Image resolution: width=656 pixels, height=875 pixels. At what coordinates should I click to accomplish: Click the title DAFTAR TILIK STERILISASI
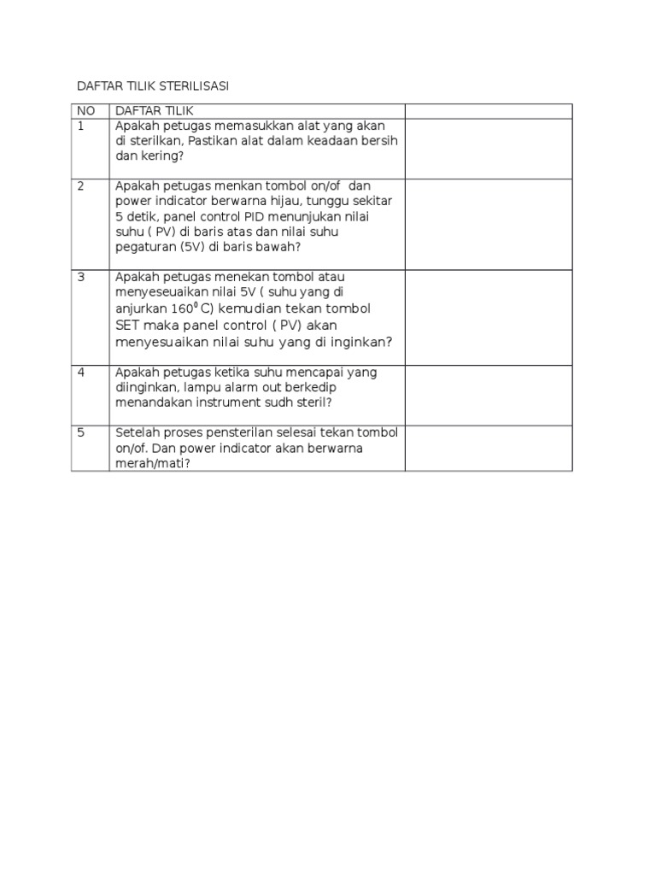tap(154, 86)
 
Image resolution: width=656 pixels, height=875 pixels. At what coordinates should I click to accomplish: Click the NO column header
tap(86, 111)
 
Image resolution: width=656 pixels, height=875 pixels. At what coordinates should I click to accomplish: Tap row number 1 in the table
tap(81, 126)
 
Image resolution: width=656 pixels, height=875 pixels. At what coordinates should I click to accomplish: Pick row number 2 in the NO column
tap(81, 186)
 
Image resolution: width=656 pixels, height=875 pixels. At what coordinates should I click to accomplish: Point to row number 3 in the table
tap(81, 277)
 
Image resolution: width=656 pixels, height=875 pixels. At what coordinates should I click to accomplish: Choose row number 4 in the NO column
tap(81, 373)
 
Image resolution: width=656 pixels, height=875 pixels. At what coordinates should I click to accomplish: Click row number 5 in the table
tap(81, 432)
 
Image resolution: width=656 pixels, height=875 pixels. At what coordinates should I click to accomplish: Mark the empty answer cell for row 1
tap(488, 149)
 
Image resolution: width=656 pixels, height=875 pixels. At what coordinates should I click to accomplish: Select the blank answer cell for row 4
tap(488, 395)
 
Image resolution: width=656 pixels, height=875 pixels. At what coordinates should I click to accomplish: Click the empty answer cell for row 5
tap(488, 448)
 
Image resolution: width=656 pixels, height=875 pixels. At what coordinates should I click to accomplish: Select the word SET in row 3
tap(126, 326)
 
